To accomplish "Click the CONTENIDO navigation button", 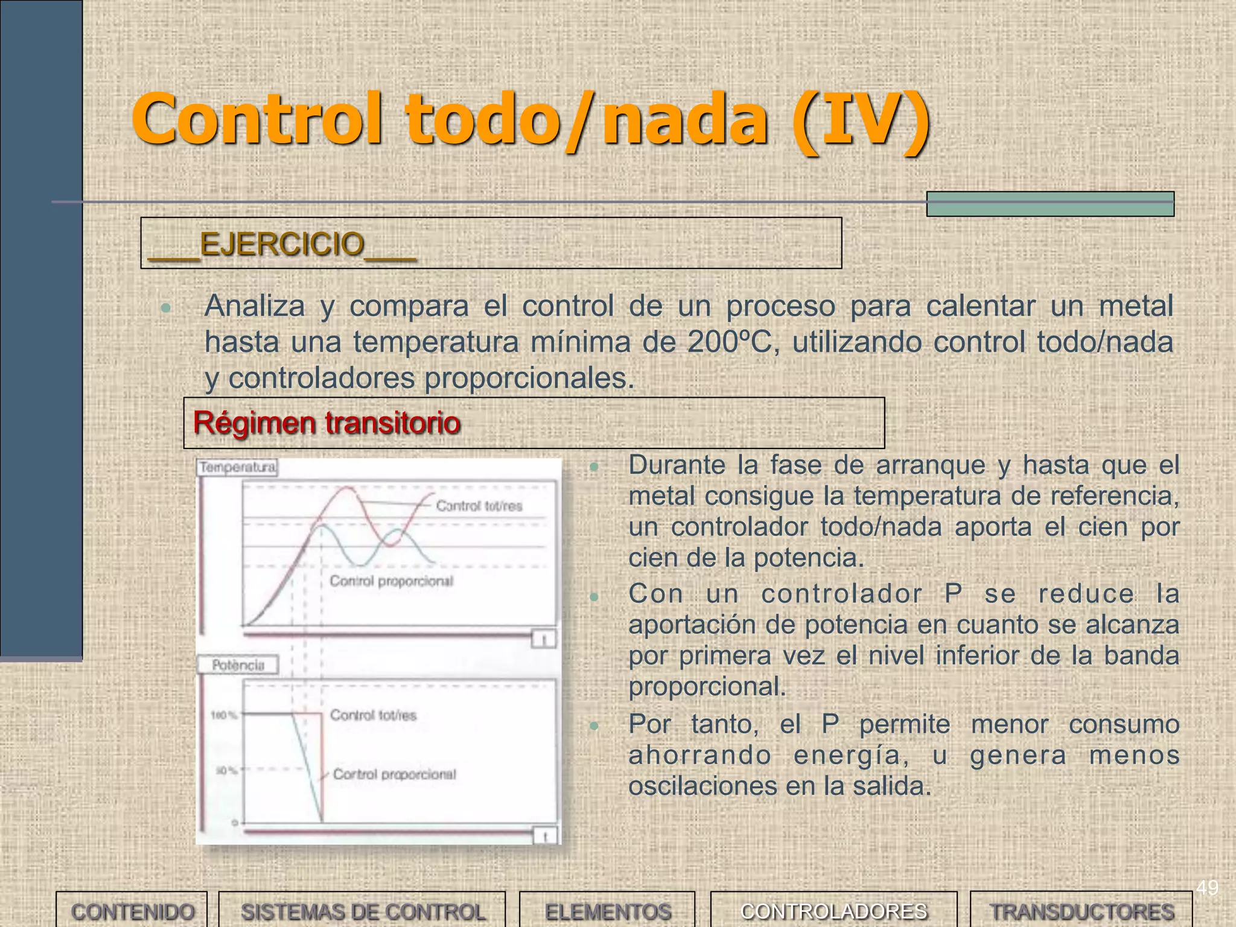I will tap(132, 911).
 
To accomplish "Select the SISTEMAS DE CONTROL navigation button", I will tap(363, 911).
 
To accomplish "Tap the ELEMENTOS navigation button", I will tap(608, 911).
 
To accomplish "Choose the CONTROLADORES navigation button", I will tap(833, 911).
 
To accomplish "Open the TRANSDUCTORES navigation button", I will tap(1081, 911).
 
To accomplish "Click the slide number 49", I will tap(1207, 888).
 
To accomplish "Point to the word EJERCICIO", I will tap(282, 244).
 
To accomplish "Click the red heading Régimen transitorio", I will tap(327, 422).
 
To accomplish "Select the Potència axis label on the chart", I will tap(238, 665).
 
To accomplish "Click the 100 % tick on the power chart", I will tap(223, 716).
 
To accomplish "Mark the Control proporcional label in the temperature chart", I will tap(391, 581).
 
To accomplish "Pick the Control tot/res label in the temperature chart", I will tap(479, 506).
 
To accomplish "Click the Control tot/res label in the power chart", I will tap(373, 715).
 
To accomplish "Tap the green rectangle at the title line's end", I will tap(1050, 204).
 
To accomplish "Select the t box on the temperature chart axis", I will tap(544, 639).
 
